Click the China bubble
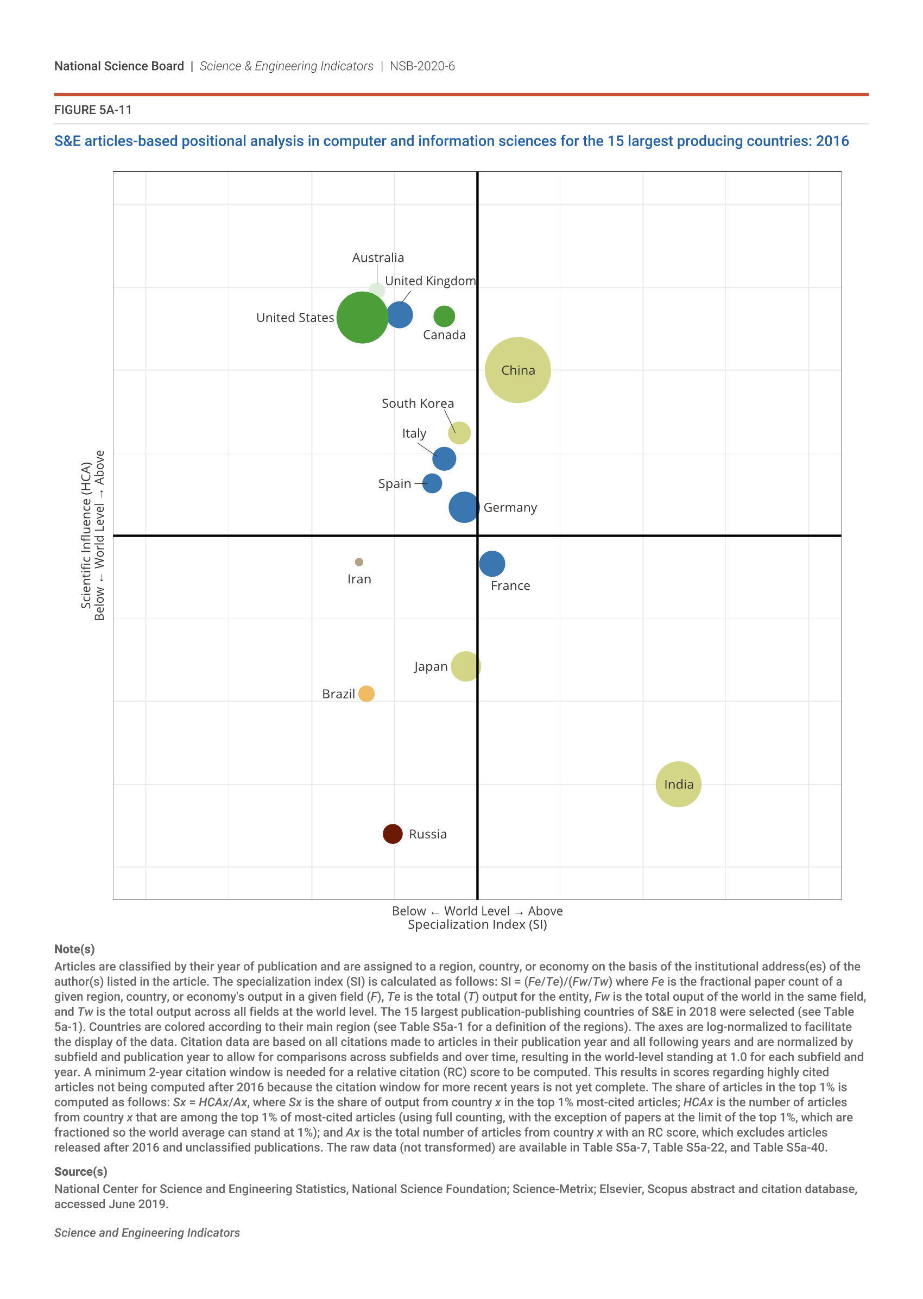click(517, 370)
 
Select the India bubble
click(678, 784)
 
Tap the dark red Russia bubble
click(392, 834)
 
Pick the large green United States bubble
click(362, 317)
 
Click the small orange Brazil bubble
click(366, 693)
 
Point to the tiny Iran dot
click(359, 562)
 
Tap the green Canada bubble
click(444, 316)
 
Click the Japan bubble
click(465, 666)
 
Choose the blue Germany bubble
click(464, 507)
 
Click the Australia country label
click(378, 257)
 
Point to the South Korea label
click(418, 403)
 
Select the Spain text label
click(394, 483)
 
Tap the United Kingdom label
click(430, 281)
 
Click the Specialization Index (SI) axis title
click(477, 924)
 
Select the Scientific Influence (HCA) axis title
click(86, 535)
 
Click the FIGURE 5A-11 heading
click(93, 110)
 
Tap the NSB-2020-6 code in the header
click(422, 66)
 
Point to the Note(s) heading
click(74, 949)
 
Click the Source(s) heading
click(81, 1172)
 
